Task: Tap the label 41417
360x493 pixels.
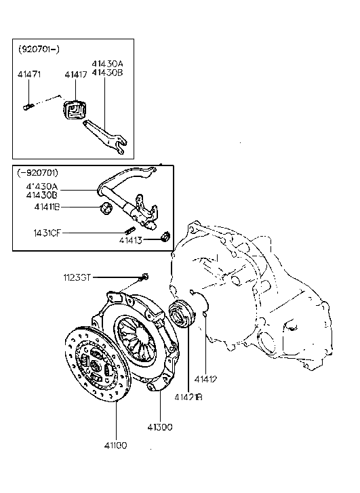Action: pos(76,75)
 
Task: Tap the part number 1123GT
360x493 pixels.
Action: pos(77,277)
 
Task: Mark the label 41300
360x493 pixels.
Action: pos(160,427)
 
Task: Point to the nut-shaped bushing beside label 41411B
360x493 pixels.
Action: pos(105,207)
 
